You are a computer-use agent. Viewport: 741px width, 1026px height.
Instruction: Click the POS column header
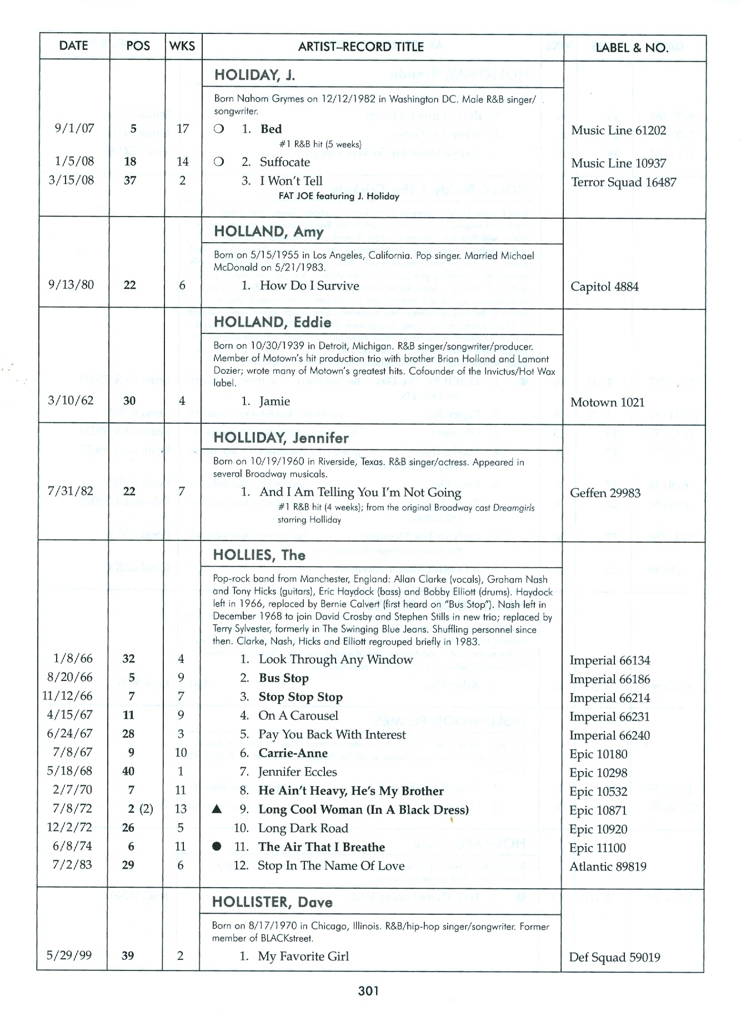tap(138, 46)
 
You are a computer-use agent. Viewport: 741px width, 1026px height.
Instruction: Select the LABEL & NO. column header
tap(632, 48)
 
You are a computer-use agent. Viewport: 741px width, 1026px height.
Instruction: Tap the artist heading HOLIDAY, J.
tap(255, 75)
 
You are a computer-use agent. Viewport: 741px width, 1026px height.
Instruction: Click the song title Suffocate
tap(284, 162)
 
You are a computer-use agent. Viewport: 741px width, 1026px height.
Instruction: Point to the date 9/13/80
tap(71, 285)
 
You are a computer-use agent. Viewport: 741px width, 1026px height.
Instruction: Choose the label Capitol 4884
tap(604, 287)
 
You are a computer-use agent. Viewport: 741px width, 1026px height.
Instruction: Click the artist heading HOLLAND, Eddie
tap(272, 322)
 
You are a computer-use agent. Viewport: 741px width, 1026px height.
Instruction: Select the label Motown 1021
tap(607, 402)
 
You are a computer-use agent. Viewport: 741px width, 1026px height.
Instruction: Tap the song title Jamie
tap(274, 401)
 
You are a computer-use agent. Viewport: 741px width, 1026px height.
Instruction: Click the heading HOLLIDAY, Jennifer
tap(281, 438)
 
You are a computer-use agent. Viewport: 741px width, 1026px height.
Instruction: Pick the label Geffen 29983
tap(605, 493)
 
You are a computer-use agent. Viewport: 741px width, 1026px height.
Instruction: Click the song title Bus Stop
tap(283, 678)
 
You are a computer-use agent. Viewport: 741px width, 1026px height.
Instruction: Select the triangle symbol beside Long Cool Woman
tap(217, 809)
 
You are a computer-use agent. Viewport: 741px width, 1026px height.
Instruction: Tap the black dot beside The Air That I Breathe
tap(217, 847)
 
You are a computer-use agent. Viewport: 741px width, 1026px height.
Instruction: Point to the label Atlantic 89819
tap(608, 867)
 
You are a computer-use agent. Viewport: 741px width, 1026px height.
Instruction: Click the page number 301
tap(368, 990)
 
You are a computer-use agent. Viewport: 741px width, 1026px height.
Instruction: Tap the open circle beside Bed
tap(219, 129)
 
